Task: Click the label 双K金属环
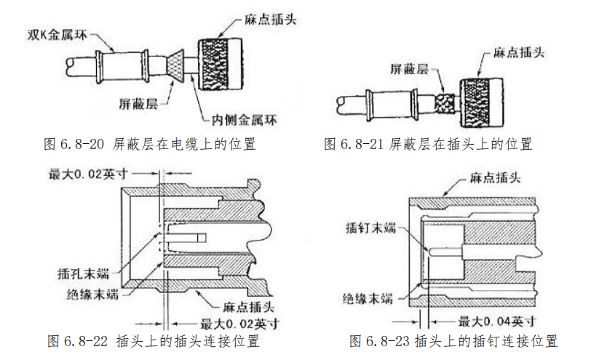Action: tap(57, 35)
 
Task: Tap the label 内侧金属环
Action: tap(244, 120)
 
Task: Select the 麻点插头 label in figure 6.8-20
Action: tap(270, 19)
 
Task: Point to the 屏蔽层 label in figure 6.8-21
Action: tap(409, 69)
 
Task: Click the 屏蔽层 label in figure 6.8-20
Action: tap(138, 104)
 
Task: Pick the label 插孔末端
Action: tap(83, 273)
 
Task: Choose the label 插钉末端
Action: tap(371, 228)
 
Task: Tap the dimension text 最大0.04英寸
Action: tap(497, 321)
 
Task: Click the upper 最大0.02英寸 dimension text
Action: tap(88, 174)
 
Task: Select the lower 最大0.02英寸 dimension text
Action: tap(239, 324)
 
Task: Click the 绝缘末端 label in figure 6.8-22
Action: tap(92, 294)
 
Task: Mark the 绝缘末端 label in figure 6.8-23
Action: tap(368, 299)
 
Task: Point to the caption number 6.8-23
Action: tap(388, 341)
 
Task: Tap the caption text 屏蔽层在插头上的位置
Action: tap(461, 144)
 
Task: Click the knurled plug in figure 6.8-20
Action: tap(220, 64)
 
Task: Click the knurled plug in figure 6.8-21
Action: tap(482, 103)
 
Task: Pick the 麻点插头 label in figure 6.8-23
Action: tap(495, 177)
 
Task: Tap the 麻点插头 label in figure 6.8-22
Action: tap(248, 307)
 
